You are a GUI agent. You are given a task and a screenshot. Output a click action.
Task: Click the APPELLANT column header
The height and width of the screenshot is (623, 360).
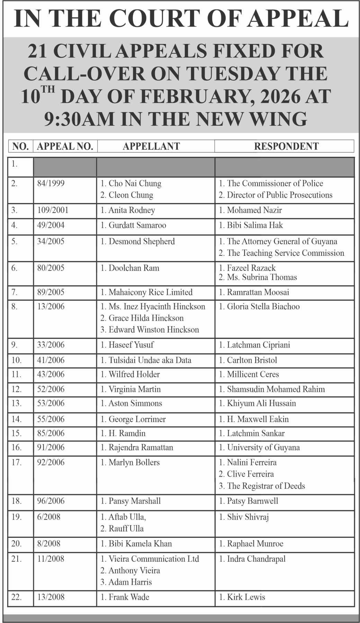(151, 146)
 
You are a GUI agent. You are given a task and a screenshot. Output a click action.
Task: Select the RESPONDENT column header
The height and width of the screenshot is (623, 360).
(286, 146)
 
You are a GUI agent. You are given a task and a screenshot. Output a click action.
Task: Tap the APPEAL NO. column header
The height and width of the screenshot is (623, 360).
(65, 146)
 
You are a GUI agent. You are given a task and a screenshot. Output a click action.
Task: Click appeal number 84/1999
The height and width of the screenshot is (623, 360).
(51, 183)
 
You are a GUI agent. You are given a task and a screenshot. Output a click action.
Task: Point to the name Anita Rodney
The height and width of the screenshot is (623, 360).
(132, 210)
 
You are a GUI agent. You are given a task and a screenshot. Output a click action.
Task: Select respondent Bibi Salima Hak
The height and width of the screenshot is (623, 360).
(255, 225)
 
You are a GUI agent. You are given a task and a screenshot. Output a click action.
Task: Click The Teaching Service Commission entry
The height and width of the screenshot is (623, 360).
(285, 253)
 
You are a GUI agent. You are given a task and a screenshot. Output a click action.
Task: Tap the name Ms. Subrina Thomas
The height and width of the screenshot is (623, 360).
(262, 277)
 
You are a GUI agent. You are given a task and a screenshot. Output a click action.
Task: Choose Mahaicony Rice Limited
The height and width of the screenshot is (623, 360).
(150, 292)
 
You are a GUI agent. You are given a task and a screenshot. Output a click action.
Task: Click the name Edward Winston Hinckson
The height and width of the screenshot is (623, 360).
(154, 329)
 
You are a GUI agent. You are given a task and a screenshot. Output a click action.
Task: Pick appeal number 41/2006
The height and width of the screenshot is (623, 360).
(51, 360)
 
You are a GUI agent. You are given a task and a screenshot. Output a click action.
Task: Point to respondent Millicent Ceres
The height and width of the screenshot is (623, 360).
(253, 374)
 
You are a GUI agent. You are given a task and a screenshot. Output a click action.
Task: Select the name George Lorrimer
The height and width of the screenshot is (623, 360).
(137, 419)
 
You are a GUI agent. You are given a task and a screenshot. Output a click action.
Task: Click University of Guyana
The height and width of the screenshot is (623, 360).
(263, 448)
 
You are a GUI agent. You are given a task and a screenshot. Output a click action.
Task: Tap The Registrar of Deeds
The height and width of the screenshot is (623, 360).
(266, 486)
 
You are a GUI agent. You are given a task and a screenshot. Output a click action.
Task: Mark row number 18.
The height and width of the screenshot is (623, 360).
(17, 501)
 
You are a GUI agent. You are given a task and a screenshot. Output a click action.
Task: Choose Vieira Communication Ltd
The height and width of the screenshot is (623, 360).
(154, 559)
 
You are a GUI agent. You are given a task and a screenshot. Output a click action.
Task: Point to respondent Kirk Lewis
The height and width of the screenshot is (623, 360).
(246, 597)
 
